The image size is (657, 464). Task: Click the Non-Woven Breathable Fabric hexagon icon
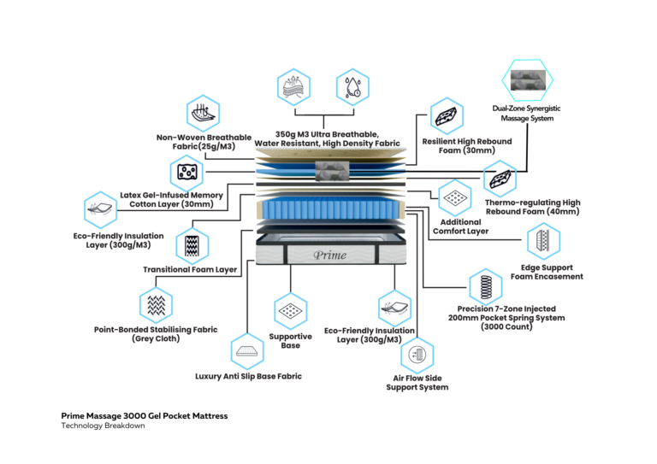(203, 112)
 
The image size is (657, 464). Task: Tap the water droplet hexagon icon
(352, 85)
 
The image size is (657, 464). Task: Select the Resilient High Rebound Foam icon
(448, 115)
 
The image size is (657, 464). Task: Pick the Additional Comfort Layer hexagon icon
(457, 198)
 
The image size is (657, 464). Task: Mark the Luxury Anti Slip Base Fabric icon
(246, 350)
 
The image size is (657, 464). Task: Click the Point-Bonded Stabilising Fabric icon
(156, 304)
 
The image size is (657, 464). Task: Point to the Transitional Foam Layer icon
(192, 245)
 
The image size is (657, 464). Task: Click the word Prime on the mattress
(328, 255)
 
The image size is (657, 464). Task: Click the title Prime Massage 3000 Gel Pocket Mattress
(145, 416)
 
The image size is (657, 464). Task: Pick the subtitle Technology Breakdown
(97, 426)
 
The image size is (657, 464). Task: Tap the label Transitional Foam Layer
(190, 270)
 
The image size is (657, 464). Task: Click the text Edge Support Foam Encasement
(547, 272)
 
